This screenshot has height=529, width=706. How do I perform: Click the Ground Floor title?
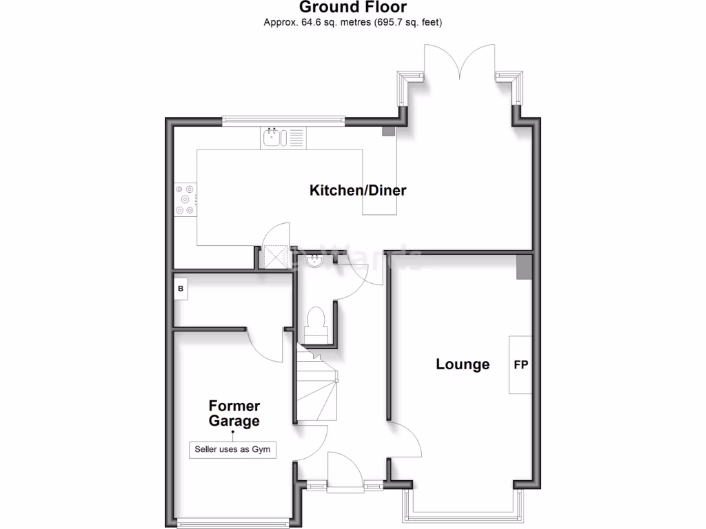(352, 8)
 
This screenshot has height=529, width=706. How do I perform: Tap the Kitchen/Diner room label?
(358, 190)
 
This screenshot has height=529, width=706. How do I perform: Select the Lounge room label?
(463, 364)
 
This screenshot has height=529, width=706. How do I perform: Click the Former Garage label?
(234, 413)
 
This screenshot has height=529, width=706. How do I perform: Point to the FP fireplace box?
(521, 365)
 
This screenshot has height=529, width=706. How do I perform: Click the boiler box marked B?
(181, 289)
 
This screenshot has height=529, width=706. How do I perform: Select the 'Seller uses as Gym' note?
(233, 450)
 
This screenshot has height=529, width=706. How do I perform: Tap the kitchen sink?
(274, 138)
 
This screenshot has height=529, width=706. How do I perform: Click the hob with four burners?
(185, 200)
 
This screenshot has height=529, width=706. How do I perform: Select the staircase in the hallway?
(317, 386)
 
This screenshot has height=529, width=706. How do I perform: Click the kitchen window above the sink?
(283, 121)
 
